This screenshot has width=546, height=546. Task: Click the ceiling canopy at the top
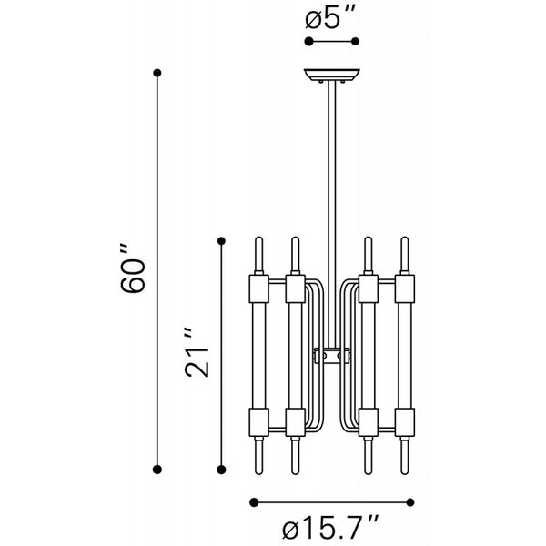click(332, 76)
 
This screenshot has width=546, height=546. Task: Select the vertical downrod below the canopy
click(332, 182)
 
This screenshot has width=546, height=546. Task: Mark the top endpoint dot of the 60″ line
click(158, 72)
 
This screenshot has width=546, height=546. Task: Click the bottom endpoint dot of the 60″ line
click(158, 469)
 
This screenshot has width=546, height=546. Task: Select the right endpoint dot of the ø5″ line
click(357, 42)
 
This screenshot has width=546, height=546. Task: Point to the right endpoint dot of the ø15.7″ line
click(412, 500)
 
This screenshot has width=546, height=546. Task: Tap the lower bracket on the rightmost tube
click(406, 421)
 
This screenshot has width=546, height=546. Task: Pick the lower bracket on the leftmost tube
click(258, 421)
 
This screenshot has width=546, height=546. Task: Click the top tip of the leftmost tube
click(258, 240)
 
